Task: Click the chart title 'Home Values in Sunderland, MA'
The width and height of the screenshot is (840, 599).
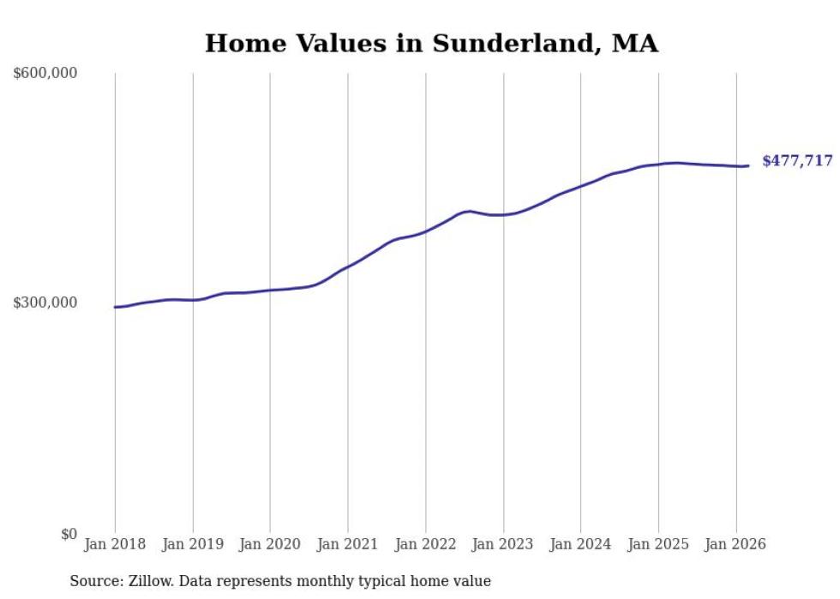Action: [431, 44]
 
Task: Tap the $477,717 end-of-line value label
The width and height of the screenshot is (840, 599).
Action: [797, 161]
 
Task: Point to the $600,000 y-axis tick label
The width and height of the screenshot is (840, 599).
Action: [45, 74]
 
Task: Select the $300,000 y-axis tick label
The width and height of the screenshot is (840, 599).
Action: [45, 302]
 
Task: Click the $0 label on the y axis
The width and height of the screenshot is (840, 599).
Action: [69, 534]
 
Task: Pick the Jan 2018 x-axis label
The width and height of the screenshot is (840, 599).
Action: [115, 544]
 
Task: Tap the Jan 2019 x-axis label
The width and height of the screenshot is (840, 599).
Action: [193, 544]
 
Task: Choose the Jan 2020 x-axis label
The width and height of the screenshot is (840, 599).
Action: [270, 544]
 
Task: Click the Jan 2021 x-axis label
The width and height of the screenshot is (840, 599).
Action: [348, 544]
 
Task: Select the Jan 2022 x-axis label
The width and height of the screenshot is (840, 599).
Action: [425, 544]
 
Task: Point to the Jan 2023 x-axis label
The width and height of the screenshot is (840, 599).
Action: [503, 544]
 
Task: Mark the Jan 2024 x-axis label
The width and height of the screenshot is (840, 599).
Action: [580, 544]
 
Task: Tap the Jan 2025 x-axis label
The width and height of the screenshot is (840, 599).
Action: [658, 544]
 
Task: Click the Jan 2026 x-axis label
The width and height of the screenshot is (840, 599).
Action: [735, 544]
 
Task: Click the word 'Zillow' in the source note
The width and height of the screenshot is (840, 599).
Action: [151, 582]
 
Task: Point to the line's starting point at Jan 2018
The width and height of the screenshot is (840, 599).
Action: [116, 307]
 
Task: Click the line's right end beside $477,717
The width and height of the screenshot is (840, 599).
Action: [748, 165]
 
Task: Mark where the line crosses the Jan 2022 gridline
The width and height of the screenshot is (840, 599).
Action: [425, 231]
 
